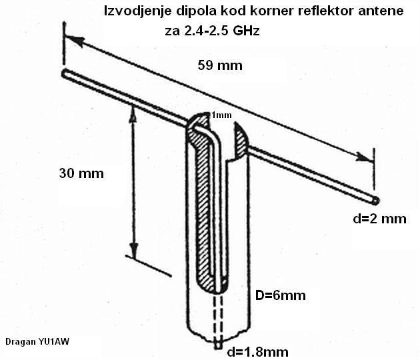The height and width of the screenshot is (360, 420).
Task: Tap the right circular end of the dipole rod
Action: (x=377, y=199)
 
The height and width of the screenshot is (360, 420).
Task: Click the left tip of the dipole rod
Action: (x=64, y=72)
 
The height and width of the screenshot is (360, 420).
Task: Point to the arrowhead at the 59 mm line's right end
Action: (x=364, y=158)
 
